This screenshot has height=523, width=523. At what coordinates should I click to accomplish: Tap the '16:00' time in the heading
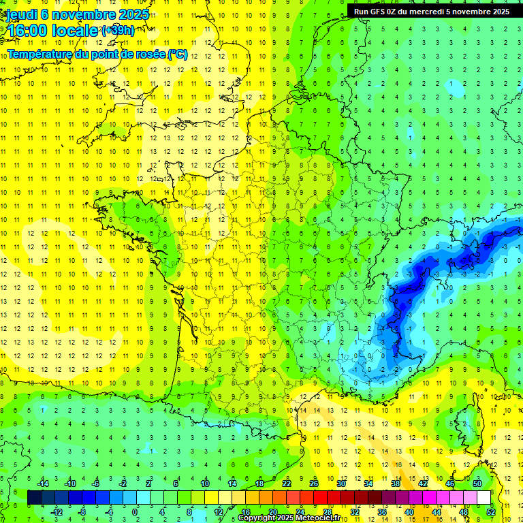28,31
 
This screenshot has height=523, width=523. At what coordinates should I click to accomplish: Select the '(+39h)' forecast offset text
118,30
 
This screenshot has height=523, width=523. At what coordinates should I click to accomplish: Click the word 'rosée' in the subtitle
146,54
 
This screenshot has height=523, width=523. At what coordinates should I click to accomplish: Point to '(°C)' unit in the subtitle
176,54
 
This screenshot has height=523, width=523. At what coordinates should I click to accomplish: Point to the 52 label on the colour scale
491,511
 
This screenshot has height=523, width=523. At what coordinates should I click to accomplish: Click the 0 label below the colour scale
135,511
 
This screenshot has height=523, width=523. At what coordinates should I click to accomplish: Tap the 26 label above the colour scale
314,484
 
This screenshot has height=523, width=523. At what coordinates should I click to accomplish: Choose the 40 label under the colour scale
409,511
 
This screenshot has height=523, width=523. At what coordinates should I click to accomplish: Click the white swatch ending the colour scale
484,497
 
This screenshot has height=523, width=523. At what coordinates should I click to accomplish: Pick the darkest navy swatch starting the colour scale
34,497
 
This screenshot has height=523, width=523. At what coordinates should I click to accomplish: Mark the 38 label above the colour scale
396,484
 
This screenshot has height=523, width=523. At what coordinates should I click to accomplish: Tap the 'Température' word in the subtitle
40,54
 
